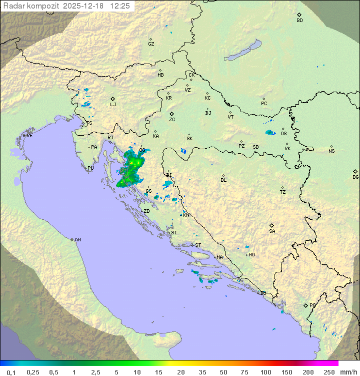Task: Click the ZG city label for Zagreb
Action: [172, 120]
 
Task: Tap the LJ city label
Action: [113, 105]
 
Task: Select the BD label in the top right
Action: [299, 21]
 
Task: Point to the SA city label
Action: [272, 231]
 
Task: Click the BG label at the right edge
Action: [355, 177]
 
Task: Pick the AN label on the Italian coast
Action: [77, 240]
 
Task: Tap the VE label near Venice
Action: [29, 136]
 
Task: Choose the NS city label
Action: [331, 151]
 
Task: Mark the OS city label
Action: [283, 134]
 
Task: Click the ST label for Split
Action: [198, 245]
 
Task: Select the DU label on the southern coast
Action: [263, 293]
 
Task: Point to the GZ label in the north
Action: [151, 44]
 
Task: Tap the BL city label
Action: [223, 180]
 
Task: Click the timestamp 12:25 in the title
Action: [120, 6]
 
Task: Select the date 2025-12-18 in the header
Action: [84, 6]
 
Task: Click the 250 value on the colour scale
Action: [329, 372]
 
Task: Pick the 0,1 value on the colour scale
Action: [11, 372]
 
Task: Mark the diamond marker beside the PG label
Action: [305, 305]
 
